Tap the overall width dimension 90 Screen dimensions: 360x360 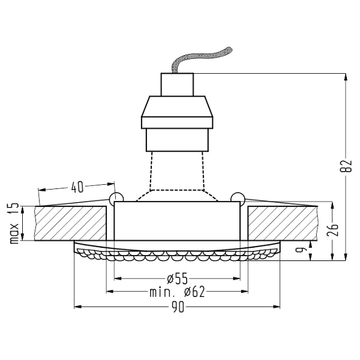178,307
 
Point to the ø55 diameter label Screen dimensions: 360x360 177,278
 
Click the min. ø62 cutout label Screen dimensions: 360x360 177,292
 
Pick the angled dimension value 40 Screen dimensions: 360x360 77,187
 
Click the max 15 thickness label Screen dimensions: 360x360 13,223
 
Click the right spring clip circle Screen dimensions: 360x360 238,199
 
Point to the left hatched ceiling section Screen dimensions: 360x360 69,223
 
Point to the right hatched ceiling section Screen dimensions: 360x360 282,223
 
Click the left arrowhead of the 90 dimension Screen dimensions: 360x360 76,307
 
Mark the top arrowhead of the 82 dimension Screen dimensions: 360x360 344,77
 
